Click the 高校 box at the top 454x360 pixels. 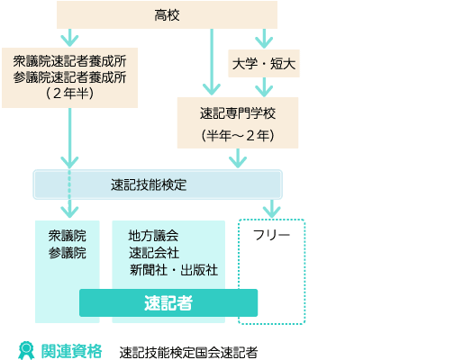[x=167, y=15]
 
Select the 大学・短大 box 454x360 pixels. [x=264, y=64]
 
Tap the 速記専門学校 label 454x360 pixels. [x=238, y=113]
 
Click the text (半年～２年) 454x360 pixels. [x=238, y=136]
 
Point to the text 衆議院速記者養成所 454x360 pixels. [x=69, y=61]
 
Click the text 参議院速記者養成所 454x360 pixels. [x=69, y=77]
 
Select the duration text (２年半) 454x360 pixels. [x=69, y=94]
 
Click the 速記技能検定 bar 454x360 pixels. [x=158, y=184]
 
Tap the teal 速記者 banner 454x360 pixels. [x=168, y=302]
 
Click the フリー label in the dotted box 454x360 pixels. [x=271, y=235]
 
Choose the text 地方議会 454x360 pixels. [x=153, y=236]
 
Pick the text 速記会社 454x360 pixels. [x=154, y=253]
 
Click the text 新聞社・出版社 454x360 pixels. [x=174, y=270]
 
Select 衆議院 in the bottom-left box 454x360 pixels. [x=68, y=236]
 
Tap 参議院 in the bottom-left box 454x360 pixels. [x=68, y=253]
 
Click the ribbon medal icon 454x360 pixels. [x=26, y=350]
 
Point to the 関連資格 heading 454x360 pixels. [x=71, y=351]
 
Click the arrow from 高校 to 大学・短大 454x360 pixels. [x=264, y=39]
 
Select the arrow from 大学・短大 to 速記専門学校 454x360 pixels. [x=264, y=87]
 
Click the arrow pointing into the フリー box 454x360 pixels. [x=271, y=209]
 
